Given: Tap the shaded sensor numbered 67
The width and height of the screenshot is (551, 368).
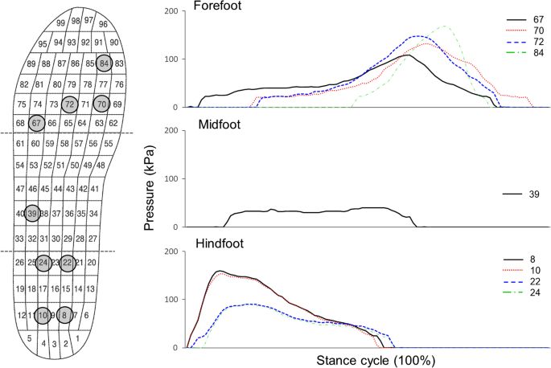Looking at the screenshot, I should click(x=37, y=123).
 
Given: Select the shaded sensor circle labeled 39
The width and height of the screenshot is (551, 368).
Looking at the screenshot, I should click(x=32, y=213).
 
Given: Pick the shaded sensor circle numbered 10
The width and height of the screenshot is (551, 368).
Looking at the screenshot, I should click(x=43, y=316).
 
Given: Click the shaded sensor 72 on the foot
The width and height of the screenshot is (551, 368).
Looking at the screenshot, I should click(x=69, y=104).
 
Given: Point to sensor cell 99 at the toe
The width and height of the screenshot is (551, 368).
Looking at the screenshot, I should click(x=61, y=22).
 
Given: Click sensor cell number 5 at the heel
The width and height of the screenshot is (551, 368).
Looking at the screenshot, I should click(x=30, y=338).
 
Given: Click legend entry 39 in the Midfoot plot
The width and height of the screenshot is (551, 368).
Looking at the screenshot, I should click(x=537, y=194).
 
